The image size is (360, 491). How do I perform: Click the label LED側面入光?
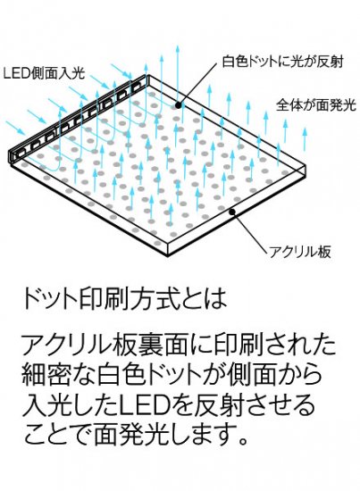coord(44,73)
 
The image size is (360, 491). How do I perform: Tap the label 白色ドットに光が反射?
coord(283,62)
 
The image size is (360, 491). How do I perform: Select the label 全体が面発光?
coord(316,105)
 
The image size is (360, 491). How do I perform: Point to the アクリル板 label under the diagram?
coord(300,252)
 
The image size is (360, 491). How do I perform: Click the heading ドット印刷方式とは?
coord(124,298)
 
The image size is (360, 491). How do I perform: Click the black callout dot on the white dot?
coord(178,105)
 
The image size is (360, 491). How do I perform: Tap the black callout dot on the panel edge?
coord(232,212)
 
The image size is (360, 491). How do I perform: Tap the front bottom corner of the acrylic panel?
coord(168,256)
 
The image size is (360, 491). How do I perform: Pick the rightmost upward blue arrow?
coord(305,139)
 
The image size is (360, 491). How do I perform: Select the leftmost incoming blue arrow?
coord(16,128)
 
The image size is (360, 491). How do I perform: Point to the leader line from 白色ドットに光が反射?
coord(198,84)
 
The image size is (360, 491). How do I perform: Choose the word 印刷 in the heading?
coord(101,298)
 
